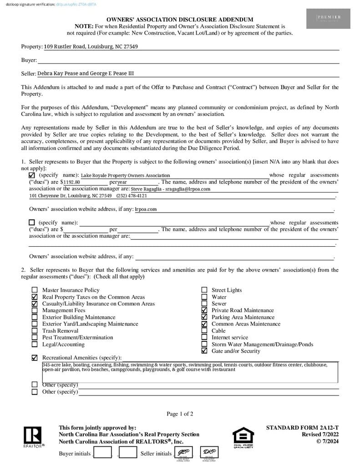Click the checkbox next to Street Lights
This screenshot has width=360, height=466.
(204, 290)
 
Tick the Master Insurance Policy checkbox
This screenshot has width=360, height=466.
(35, 290)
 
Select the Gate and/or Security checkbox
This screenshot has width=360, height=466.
(204, 351)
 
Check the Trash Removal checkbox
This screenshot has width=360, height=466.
(35, 331)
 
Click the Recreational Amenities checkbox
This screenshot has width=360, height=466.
(35, 358)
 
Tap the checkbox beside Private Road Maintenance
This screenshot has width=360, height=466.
(204, 310)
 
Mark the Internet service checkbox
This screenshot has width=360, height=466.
(204, 338)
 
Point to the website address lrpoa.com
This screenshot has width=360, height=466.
(146, 209)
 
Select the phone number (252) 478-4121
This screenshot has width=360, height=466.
(132, 196)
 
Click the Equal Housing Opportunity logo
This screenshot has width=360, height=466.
(243, 437)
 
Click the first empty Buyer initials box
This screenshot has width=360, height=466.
(102, 452)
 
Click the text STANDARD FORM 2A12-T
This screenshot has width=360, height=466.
(302, 428)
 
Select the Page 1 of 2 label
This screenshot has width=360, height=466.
(180, 414)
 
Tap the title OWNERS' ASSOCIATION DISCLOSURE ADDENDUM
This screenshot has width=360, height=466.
(180, 20)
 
